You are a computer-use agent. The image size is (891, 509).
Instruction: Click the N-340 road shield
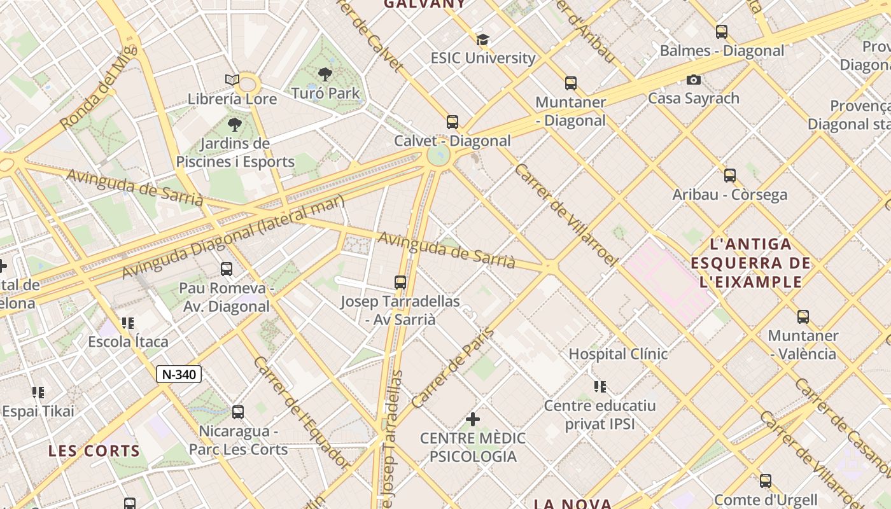click(x=179, y=374)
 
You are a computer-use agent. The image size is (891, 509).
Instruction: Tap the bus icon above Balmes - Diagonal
click(x=721, y=32)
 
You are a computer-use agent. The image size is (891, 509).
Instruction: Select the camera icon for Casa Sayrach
click(x=694, y=80)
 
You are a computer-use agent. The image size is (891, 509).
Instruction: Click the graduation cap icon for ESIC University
click(x=482, y=39)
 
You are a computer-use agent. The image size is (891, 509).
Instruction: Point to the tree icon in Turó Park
click(x=325, y=74)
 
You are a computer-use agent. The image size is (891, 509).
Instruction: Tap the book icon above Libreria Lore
click(x=232, y=80)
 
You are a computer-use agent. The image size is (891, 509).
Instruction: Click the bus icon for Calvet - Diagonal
click(x=452, y=122)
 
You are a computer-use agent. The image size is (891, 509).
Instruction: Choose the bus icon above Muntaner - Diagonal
click(x=570, y=83)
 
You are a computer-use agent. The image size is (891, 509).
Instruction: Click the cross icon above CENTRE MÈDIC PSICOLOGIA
click(x=472, y=419)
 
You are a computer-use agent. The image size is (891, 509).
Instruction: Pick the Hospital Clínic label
click(x=617, y=354)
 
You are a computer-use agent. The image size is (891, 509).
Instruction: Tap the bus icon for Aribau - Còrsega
click(x=729, y=176)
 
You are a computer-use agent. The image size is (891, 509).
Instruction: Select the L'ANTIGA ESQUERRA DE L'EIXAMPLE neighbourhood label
click(x=750, y=263)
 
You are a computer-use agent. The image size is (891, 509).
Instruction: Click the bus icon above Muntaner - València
click(x=803, y=316)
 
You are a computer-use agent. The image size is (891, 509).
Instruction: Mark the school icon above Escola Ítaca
click(x=128, y=323)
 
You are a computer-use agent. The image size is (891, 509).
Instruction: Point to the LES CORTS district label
click(x=94, y=451)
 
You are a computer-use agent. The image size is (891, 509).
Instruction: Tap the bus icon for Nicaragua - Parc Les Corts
click(x=237, y=412)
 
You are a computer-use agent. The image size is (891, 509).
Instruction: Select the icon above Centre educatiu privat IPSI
click(x=600, y=386)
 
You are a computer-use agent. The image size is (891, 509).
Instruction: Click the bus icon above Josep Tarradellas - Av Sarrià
click(x=400, y=282)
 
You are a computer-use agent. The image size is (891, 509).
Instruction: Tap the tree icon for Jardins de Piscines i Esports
click(x=235, y=125)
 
